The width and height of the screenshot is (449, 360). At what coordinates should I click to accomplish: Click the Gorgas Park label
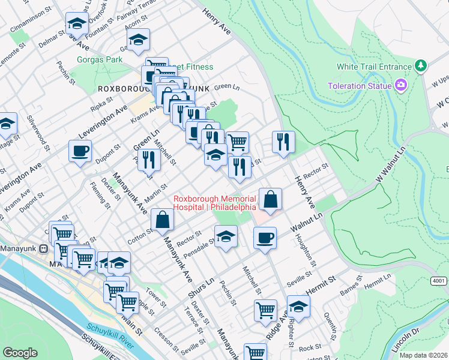point(100,59)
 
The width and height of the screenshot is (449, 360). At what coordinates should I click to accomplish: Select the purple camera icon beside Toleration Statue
point(401,86)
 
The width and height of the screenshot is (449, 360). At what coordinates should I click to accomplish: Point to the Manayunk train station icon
point(43,248)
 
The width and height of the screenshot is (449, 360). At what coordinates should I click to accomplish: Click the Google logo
point(20,353)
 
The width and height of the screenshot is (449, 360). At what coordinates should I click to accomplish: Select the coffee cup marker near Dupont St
point(80,151)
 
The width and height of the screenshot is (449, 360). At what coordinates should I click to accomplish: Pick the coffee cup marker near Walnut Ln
point(265,238)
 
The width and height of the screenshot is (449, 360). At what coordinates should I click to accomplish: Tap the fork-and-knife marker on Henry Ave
point(283,142)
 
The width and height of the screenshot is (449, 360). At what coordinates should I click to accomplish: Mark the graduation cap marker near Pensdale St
point(226,236)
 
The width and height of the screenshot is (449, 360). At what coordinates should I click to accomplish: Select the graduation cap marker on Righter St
point(298,307)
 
